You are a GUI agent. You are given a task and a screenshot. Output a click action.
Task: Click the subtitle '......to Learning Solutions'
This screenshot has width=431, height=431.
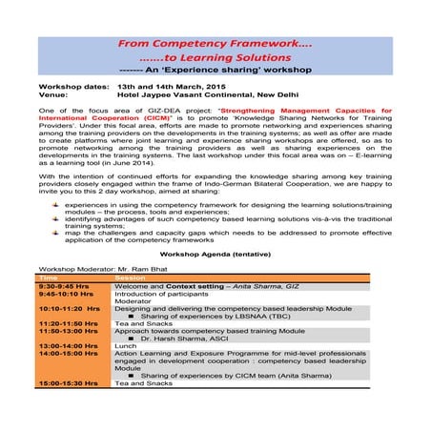214,58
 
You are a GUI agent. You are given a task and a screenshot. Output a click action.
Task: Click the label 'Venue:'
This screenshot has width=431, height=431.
53,95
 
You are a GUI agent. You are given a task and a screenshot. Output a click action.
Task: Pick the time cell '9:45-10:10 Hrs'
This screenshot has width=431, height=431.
65,295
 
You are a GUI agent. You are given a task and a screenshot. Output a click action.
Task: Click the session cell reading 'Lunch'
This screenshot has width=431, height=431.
124,345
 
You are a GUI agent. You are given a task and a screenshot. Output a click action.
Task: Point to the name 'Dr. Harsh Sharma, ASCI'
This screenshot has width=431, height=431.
181,339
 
